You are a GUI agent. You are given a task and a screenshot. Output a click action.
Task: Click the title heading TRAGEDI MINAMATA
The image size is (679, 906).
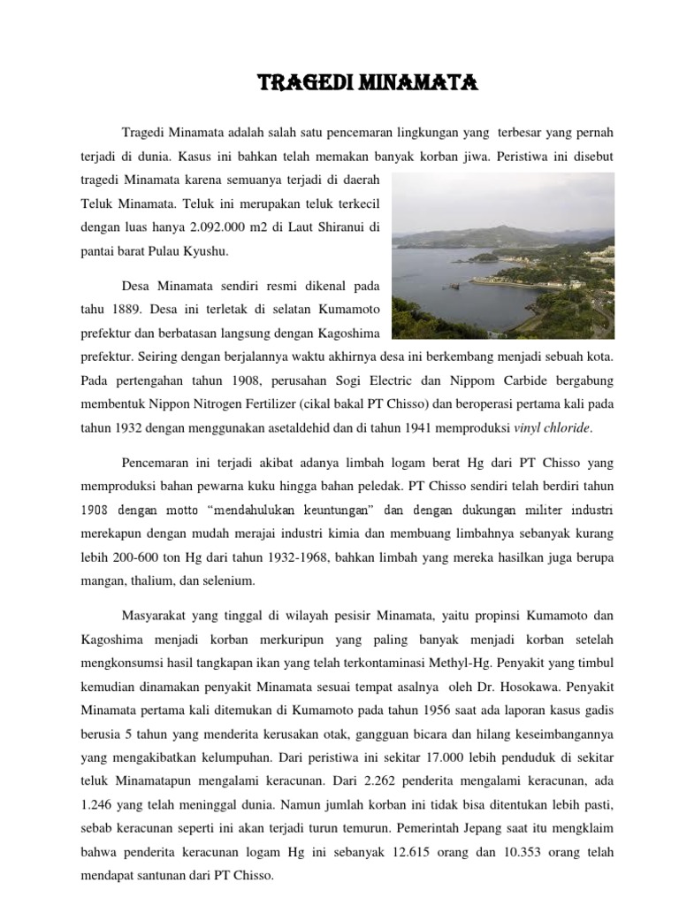coord(367,84)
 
